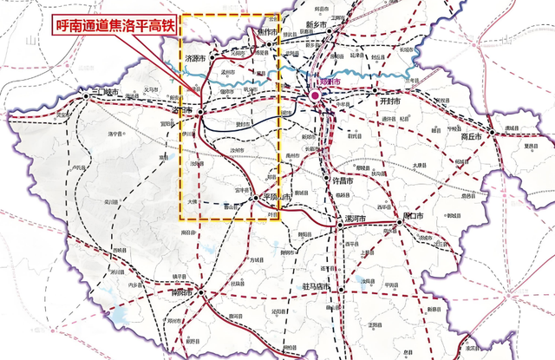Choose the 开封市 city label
click(392, 101)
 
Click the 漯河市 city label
click(356, 218)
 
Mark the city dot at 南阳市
click(201, 293)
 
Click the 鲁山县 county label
click(232, 207)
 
